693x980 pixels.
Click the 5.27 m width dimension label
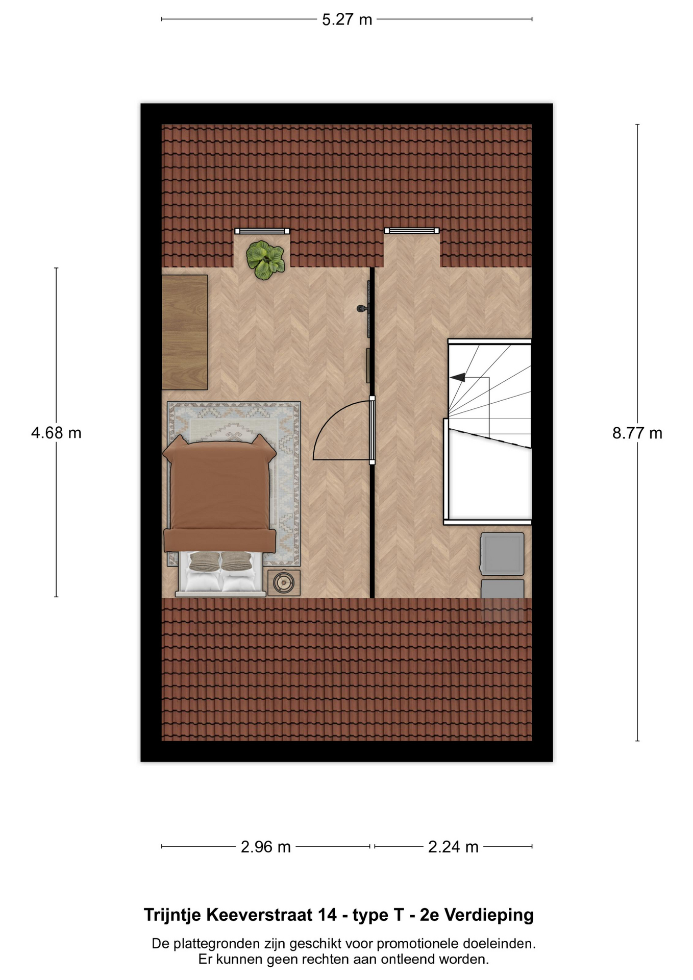(x=347, y=20)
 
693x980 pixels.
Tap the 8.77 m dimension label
(x=637, y=433)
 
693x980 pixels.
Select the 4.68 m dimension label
(x=56, y=433)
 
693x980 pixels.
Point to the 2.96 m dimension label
(x=265, y=847)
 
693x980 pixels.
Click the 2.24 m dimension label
(x=453, y=847)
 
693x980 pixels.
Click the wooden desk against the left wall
(x=185, y=332)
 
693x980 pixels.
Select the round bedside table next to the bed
(x=284, y=582)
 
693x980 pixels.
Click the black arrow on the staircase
(x=458, y=377)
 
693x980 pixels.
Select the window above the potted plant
(x=262, y=231)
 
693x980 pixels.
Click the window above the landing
(x=412, y=231)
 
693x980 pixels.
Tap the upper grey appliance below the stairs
(x=503, y=554)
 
